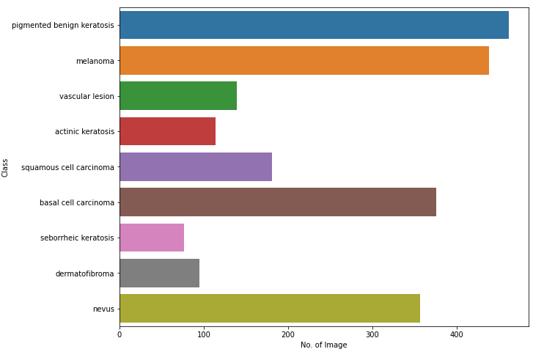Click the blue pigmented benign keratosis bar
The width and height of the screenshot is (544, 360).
click(314, 25)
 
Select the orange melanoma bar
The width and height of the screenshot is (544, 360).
click(304, 60)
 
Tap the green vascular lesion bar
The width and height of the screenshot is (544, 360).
click(178, 95)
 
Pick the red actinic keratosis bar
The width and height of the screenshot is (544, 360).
click(167, 131)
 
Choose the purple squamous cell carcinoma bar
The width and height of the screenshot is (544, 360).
click(196, 166)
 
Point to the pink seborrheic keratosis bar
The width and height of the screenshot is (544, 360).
click(152, 238)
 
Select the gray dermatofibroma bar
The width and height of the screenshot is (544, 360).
click(159, 273)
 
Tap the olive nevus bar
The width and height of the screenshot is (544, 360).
click(270, 308)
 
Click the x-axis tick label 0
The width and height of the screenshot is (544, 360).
click(120, 334)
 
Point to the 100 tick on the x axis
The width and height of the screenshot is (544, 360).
click(204, 334)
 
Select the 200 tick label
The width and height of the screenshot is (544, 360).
click(288, 334)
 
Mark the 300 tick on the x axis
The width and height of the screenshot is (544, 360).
click(372, 334)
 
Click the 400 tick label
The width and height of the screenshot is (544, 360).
click(457, 334)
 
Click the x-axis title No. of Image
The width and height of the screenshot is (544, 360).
click(323, 345)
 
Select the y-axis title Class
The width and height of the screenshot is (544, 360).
click(6, 167)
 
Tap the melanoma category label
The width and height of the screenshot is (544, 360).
click(95, 61)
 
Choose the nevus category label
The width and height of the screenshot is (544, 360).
click(103, 309)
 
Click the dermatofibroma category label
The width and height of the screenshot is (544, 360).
click(84, 273)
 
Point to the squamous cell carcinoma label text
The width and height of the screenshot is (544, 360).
click(67, 167)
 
